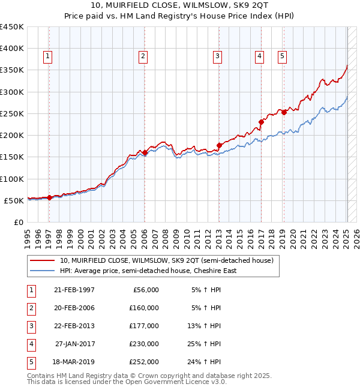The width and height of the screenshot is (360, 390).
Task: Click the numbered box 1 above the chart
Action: pos(47,56)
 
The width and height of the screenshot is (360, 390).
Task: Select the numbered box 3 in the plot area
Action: pos(217,56)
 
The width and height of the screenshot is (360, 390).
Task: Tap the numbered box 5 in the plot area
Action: pos(282,56)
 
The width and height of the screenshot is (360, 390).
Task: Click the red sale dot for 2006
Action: pos(145,152)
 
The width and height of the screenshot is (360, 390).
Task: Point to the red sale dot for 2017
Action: pos(261,122)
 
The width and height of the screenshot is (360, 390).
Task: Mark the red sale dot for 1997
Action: pos(49,197)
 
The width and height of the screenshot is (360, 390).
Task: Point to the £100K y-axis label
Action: pos(12,179)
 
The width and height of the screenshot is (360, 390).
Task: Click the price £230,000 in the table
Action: pos(143,344)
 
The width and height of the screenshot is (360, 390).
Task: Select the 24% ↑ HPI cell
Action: pos(206,362)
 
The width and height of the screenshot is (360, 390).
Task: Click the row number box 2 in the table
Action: pos(29,308)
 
